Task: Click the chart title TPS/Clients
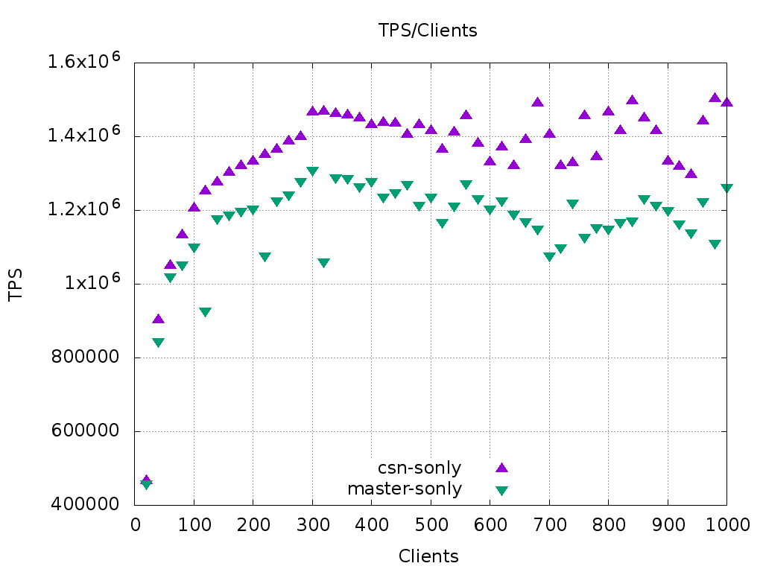click(x=427, y=31)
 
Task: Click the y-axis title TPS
click(x=16, y=285)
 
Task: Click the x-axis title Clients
click(x=428, y=556)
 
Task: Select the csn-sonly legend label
click(x=420, y=468)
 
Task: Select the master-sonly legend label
click(x=405, y=489)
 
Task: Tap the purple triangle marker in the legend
click(x=501, y=468)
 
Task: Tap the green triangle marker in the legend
click(x=501, y=490)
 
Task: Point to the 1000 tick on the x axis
click(x=727, y=524)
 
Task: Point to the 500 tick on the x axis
click(x=431, y=524)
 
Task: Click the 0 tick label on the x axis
click(x=135, y=524)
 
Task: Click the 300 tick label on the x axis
click(x=312, y=524)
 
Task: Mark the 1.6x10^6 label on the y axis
click(x=83, y=62)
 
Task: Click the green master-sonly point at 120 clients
click(x=206, y=312)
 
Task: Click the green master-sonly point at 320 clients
click(x=324, y=263)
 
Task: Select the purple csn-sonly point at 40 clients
click(x=158, y=319)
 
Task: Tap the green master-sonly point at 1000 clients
click(x=727, y=188)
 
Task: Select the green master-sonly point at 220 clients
click(x=265, y=257)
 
